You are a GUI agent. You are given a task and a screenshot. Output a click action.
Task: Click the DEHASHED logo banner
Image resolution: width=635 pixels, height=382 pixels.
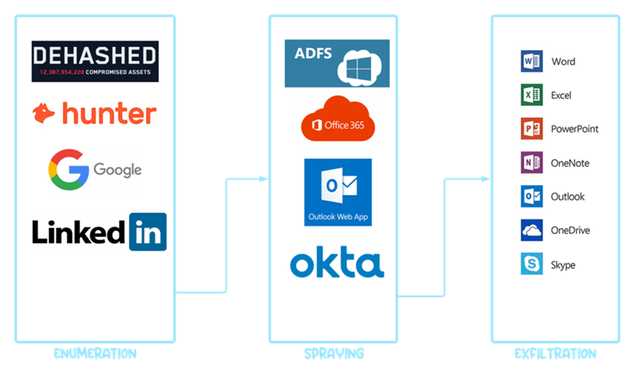click(x=94, y=62)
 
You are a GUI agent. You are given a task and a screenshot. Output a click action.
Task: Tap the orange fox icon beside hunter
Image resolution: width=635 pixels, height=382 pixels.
click(x=44, y=114)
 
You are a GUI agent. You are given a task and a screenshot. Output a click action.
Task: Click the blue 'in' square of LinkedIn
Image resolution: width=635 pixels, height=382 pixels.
click(x=147, y=231)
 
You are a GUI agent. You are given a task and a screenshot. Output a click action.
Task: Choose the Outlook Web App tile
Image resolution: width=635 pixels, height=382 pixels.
click(x=338, y=192)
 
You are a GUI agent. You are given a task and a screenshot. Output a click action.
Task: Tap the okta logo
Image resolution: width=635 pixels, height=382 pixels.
click(x=337, y=264)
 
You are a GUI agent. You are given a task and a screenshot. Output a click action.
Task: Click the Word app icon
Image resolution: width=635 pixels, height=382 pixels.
click(x=531, y=62)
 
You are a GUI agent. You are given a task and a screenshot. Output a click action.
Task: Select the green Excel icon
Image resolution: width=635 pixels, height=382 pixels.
click(x=531, y=95)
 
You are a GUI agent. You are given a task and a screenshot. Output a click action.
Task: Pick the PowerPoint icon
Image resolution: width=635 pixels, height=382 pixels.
click(x=531, y=129)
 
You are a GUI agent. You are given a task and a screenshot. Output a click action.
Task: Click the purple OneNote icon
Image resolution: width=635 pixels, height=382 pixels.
click(x=531, y=163)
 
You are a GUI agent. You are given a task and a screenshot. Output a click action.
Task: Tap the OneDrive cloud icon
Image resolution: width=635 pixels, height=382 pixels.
click(x=531, y=230)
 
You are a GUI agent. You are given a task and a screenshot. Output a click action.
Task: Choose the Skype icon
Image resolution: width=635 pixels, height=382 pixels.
click(x=531, y=264)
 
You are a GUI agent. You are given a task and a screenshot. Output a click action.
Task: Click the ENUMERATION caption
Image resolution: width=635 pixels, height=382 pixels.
click(x=95, y=354)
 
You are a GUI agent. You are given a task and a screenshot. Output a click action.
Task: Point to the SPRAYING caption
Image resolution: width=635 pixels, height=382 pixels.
click(x=334, y=354)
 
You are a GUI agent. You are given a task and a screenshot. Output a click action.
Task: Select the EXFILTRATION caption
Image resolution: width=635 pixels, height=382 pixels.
click(x=555, y=354)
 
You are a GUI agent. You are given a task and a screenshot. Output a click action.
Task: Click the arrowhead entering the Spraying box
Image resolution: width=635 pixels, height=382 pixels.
click(x=264, y=179)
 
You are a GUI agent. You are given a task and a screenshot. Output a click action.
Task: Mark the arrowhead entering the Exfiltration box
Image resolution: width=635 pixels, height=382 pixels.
click(x=486, y=179)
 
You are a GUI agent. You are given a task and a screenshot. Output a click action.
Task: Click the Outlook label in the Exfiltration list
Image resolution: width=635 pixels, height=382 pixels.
click(x=567, y=197)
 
